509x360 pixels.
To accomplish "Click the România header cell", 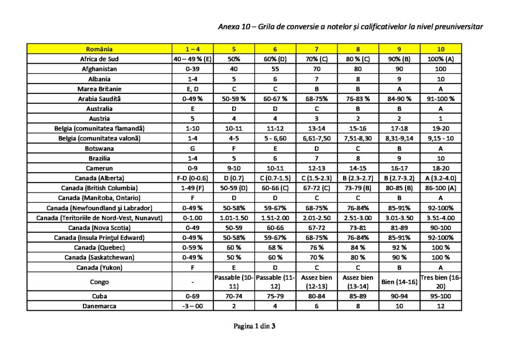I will point(99,49).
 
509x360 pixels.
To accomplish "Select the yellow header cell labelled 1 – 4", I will point(192,49).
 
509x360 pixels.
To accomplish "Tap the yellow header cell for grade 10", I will point(440,49).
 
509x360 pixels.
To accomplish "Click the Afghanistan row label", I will point(99,69).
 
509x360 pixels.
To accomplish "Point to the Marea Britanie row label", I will point(99,89).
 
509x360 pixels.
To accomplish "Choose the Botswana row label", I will point(99,148).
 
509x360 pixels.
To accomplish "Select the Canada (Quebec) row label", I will point(99,248).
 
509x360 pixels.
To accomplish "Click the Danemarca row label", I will point(99,306).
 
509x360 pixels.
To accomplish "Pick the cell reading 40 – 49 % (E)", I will point(192,59).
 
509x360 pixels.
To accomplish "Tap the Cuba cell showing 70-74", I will point(234,296).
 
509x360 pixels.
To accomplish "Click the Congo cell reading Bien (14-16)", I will point(399,282).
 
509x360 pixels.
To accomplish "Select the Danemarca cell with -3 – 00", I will point(192,306).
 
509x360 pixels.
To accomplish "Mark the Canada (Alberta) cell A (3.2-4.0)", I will point(440,178).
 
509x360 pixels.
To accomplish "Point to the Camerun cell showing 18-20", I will point(440,168).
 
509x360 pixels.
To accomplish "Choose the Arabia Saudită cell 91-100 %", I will point(440,98).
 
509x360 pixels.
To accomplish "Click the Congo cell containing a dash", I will point(192,282).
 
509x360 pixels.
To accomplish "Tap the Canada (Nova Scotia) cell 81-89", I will point(399,228).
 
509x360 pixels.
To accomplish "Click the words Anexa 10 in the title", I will point(234,26).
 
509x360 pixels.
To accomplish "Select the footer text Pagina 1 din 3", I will point(254,327).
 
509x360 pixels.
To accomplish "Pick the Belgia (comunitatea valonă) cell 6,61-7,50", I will point(316,138).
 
